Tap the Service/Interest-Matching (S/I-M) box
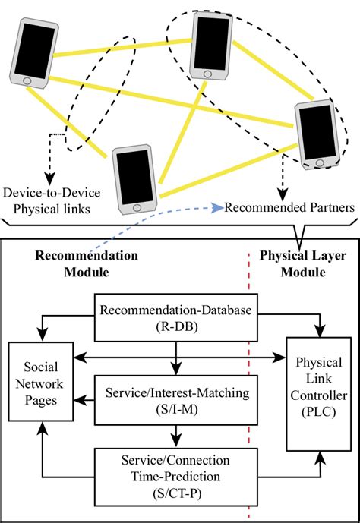coord(175,399)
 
